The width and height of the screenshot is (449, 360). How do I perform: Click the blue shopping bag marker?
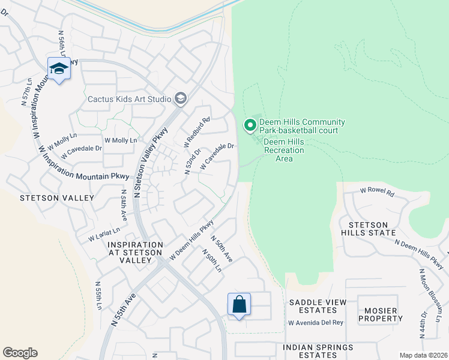(x=239, y=304)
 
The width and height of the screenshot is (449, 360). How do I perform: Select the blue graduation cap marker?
(x=59, y=70)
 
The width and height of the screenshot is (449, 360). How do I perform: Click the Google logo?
(x=20, y=353)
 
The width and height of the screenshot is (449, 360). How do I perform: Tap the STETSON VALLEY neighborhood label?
(x=56, y=197)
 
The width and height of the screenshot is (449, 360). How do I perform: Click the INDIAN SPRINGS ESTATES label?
(x=318, y=351)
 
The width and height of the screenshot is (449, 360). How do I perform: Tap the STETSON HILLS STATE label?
(x=368, y=229)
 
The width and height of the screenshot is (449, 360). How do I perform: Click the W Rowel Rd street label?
(x=376, y=193)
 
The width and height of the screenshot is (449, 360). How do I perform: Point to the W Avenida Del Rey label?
(x=316, y=323)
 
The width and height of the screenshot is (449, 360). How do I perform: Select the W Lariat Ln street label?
(x=104, y=234)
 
